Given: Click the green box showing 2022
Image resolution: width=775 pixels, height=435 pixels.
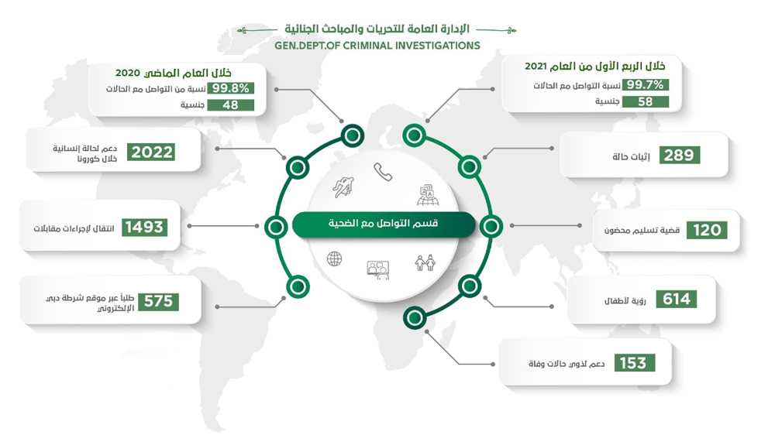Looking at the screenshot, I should pyautogui.click(x=152, y=152).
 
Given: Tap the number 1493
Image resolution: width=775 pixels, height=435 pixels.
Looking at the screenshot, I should pyautogui.click(x=143, y=227).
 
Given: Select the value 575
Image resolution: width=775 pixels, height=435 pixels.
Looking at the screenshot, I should pyautogui.click(x=157, y=301).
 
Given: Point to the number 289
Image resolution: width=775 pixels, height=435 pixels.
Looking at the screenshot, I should pyautogui.click(x=680, y=156).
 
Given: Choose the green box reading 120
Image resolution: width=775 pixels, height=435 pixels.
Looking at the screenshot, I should pyautogui.click(x=707, y=230).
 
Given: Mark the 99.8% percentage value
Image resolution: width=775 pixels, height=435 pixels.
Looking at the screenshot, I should pyautogui.click(x=230, y=88).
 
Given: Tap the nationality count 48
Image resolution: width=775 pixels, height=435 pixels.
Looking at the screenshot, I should pyautogui.click(x=230, y=104).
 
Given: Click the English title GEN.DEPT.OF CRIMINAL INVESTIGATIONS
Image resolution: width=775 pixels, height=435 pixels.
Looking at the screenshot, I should pyautogui.click(x=377, y=46).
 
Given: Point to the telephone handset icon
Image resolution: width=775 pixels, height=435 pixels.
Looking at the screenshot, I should pyautogui.click(x=383, y=172).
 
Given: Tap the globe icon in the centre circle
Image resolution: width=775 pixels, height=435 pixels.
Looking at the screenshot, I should pyautogui.click(x=335, y=259).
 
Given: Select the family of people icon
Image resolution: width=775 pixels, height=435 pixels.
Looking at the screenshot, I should pyautogui.click(x=425, y=263).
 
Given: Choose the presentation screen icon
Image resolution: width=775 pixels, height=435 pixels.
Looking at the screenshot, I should pyautogui.click(x=377, y=269).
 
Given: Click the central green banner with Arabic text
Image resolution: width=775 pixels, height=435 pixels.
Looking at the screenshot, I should pyautogui.click(x=383, y=224).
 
